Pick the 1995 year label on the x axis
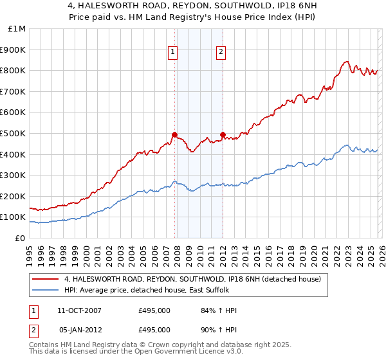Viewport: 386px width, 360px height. pyautogui.click(x=30, y=249)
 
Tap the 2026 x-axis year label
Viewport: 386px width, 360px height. pyautogui.click(x=381, y=249)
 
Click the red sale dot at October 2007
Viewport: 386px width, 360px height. pyautogui.click(x=174, y=134)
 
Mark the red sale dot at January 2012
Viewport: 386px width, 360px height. pyautogui.click(x=223, y=134)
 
